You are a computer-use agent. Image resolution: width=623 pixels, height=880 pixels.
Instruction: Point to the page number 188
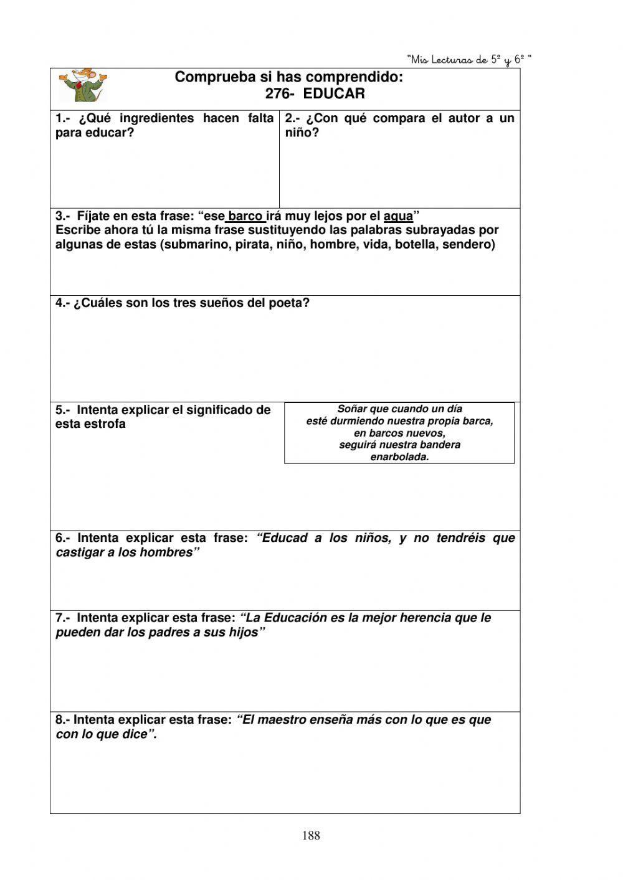(311, 836)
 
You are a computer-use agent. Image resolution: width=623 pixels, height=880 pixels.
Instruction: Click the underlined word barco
(245, 216)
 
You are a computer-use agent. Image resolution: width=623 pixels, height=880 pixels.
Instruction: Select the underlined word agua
(398, 216)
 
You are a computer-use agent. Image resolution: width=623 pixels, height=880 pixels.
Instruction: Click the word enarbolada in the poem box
(399, 457)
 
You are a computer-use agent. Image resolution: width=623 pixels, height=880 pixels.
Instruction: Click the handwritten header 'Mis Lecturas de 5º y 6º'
(469, 60)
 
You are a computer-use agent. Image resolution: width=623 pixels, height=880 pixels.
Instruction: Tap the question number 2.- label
(293, 118)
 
